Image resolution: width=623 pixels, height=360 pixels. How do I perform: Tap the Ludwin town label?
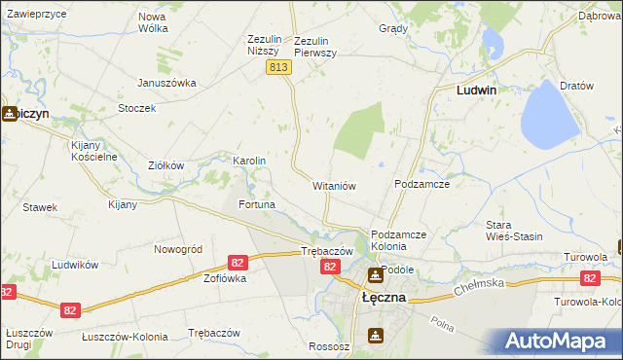[477, 90]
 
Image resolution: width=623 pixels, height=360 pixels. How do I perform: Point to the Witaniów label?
[335, 185]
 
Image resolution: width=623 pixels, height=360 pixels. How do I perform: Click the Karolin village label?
[249, 161]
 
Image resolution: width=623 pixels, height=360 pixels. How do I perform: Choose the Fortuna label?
[258, 205]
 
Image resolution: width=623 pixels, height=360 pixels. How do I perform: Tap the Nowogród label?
[178, 249]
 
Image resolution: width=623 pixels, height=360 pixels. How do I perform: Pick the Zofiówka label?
[225, 278]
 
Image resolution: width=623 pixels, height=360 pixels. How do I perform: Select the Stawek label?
[41, 207]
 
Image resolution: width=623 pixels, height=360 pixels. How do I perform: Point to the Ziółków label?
[165, 165]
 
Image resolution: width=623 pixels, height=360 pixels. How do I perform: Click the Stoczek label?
[137, 108]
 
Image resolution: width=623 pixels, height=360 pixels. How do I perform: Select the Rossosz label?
[328, 346]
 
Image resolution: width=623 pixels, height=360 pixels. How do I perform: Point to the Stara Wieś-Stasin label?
[514, 231]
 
